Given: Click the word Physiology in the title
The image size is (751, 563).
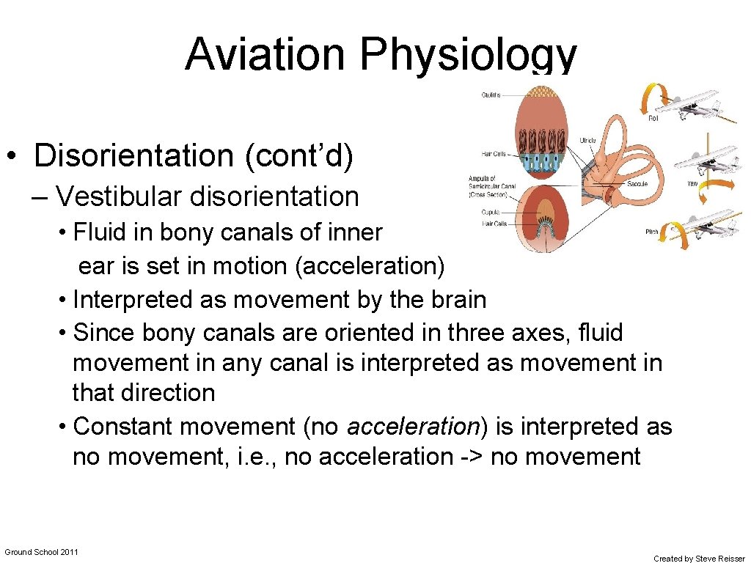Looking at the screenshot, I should [x=469, y=55].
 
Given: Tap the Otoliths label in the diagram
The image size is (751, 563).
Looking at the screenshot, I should [x=491, y=95].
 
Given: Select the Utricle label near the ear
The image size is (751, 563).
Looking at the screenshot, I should [x=587, y=140].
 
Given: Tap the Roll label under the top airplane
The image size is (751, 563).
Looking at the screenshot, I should [x=654, y=118].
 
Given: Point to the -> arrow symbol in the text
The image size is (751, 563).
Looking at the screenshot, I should [x=472, y=457].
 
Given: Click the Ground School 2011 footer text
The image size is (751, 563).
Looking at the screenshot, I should [x=42, y=551].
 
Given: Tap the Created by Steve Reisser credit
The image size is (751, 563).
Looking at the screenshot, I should [x=698, y=559].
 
